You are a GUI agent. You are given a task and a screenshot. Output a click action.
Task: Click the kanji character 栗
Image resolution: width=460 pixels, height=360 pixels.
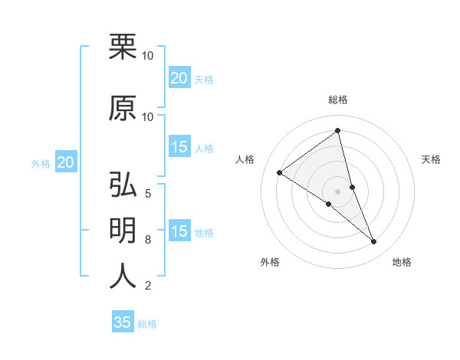pyautogui.click(x=123, y=47)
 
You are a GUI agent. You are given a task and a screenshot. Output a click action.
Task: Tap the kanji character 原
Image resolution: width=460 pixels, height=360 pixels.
pyautogui.click(x=123, y=108)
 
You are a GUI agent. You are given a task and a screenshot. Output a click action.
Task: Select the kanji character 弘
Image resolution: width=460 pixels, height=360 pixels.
pyautogui.click(x=123, y=185)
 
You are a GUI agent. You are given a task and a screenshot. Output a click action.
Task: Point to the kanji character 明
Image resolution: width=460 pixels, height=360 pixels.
pyautogui.click(x=123, y=231)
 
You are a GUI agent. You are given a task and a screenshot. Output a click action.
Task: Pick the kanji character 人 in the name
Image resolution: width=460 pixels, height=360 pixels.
pyautogui.click(x=123, y=277)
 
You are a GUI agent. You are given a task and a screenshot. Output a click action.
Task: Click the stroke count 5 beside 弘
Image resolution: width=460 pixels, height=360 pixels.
pyautogui.click(x=147, y=193)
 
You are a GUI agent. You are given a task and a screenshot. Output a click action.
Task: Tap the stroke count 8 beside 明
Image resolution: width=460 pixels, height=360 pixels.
pyautogui.click(x=147, y=240)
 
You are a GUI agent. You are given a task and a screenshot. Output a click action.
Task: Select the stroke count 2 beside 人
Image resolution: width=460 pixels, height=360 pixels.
pyautogui.click(x=147, y=286)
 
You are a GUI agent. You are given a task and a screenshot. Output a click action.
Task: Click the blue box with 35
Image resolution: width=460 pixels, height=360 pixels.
pyautogui.click(x=123, y=322)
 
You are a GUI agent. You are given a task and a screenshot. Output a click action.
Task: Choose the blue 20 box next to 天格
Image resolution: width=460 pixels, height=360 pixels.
pyautogui.click(x=179, y=78)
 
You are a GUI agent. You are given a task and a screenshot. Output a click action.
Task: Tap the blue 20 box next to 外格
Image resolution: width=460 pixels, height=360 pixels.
pyautogui.click(x=66, y=162)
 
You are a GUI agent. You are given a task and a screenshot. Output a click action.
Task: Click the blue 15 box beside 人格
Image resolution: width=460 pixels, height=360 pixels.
pyautogui.click(x=179, y=148)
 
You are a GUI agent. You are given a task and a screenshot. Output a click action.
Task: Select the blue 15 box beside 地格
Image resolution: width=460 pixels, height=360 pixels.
pyautogui.click(x=179, y=232)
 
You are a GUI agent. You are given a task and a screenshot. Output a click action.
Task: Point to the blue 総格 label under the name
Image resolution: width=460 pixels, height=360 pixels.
pyautogui.click(x=147, y=324)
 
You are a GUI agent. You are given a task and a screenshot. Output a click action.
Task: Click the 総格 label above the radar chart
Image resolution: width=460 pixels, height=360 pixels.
pyautogui.click(x=338, y=100)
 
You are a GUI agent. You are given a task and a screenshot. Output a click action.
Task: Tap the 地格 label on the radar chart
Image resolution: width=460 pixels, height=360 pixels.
pyautogui.click(x=402, y=262)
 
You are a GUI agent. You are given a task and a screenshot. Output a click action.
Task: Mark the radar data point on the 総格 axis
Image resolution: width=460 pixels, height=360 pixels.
pyautogui.click(x=338, y=130)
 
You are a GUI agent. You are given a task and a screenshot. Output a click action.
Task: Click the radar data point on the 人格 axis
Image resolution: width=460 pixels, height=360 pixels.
pyautogui.click(x=280, y=172)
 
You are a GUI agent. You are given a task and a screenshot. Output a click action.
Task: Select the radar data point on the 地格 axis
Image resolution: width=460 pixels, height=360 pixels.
pyautogui.click(x=374, y=242)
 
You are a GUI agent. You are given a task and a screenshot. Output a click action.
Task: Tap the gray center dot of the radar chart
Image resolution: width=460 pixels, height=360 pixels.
pyautogui.click(x=338, y=191)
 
